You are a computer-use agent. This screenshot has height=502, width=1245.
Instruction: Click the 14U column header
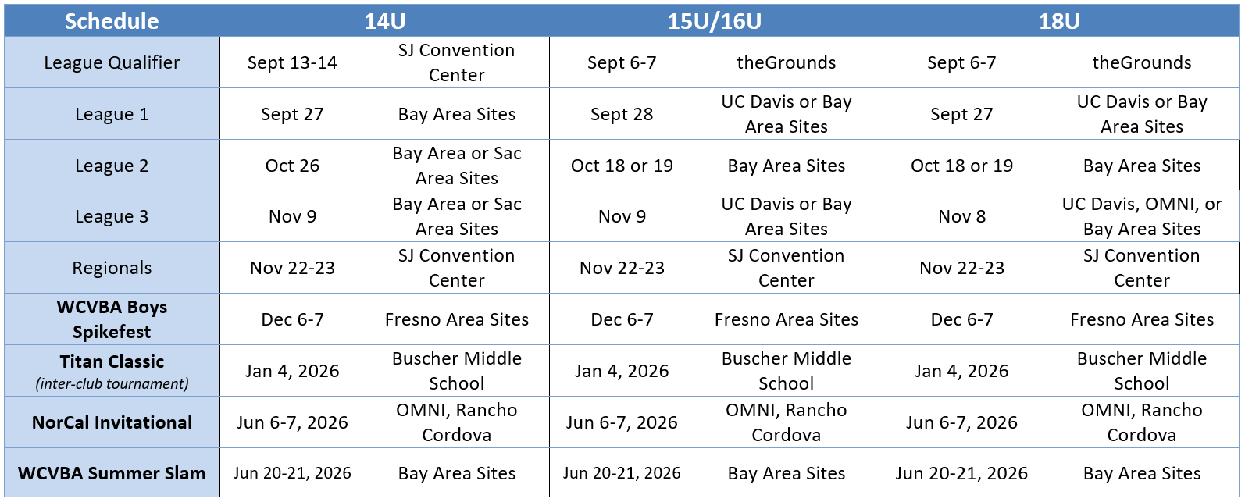384,21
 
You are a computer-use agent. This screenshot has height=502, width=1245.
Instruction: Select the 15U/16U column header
714,21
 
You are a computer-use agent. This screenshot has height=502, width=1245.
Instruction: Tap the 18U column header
1058,21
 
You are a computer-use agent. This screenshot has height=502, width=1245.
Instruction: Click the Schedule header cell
112,21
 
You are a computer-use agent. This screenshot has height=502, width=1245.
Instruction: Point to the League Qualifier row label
112,62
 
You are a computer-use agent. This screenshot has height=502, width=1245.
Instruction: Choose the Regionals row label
112,268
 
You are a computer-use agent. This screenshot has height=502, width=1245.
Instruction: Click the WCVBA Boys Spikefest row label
112,319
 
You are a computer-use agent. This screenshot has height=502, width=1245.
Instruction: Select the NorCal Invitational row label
112,422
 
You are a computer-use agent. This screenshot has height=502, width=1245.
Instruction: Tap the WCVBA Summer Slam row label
112,473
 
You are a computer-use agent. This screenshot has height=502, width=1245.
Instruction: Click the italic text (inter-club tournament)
112,383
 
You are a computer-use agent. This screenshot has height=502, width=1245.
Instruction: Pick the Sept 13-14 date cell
292,62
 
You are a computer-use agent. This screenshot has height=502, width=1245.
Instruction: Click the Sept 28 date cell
622,114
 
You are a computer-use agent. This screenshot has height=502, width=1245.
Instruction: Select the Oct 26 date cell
292,166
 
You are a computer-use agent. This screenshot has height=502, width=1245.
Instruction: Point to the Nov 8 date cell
961,216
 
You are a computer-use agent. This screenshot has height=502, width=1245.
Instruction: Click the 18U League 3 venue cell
1141,216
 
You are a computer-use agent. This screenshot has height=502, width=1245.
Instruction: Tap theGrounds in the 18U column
1141,62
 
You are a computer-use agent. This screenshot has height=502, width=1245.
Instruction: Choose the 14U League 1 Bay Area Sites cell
457,114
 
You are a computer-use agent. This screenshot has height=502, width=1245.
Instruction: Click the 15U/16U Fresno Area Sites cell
786,319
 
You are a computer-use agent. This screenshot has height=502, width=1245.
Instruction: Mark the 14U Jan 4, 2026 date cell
292,371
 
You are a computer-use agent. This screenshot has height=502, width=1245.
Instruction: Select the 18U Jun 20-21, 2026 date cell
961,473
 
